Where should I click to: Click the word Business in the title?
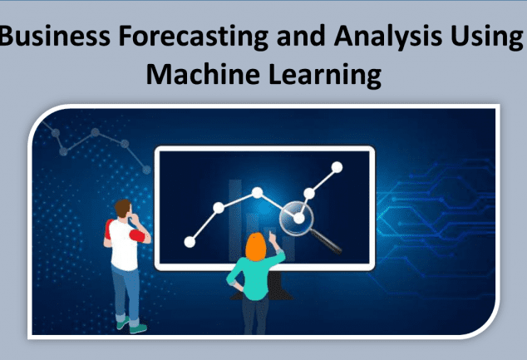tap(55, 36)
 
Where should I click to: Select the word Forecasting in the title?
tap(193, 37)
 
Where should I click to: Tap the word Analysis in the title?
tap(388, 37)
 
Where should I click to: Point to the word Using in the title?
tap(486, 37)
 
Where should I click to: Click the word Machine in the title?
tap(203, 74)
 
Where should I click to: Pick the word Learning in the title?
tap(325, 76)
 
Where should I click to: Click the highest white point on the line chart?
tap(337, 167)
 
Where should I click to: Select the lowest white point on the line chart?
tap(190, 242)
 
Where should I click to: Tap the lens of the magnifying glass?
tap(296, 218)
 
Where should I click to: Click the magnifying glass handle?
tap(325, 241)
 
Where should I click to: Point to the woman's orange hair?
tap(255, 247)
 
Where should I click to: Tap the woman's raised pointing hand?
tap(273, 237)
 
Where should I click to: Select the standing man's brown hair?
tap(122, 207)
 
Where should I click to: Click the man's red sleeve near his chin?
tap(137, 235)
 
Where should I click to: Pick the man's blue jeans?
tap(126, 292)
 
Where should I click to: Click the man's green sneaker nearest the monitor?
tap(138, 328)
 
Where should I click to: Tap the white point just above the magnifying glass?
tap(309, 193)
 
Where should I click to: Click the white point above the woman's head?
tap(257, 193)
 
